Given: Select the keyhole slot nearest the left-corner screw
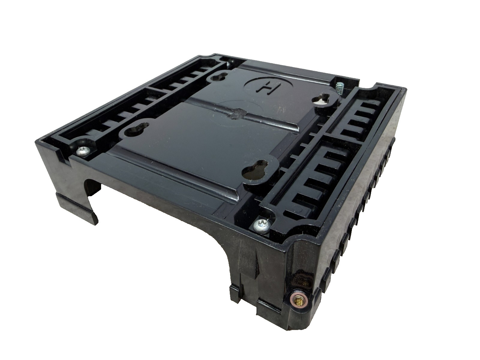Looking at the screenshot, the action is tap(137, 130).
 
